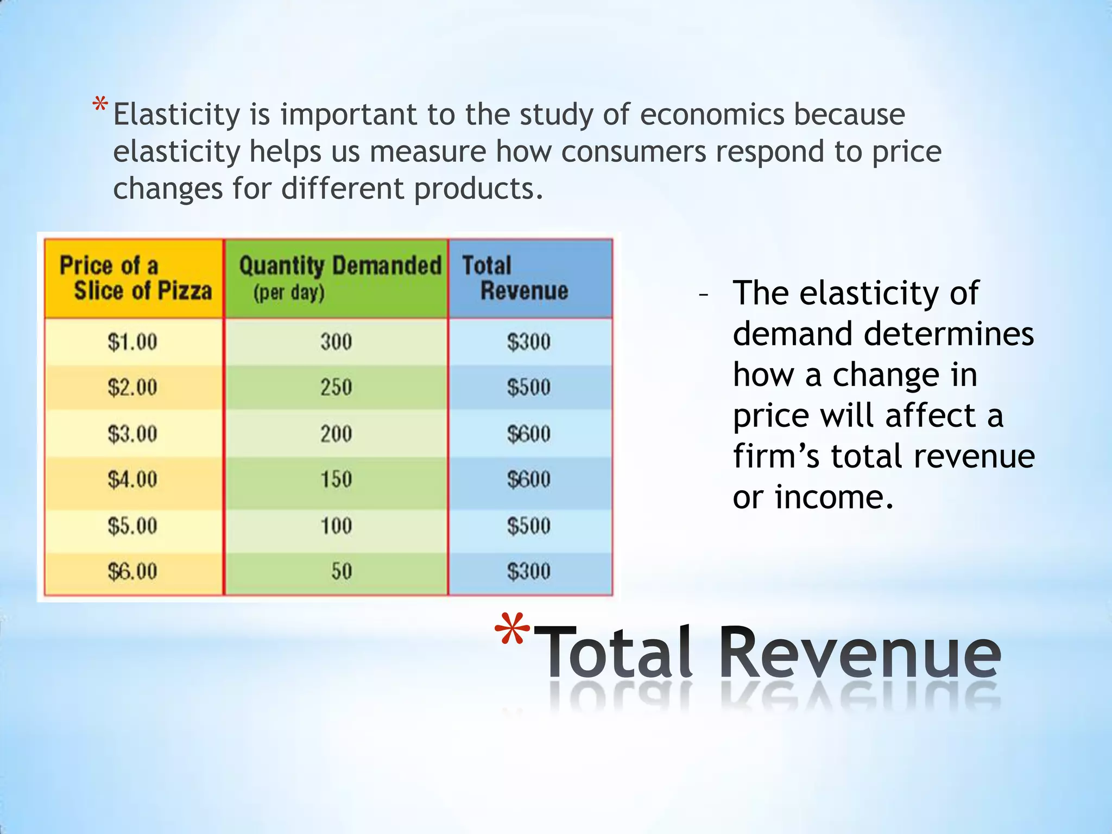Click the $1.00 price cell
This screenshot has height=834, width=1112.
132,342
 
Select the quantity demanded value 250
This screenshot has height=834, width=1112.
336,388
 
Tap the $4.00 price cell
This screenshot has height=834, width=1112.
132,479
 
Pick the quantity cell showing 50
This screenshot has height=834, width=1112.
342,571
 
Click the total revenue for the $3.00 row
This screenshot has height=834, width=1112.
529,434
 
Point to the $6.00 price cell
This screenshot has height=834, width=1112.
132,571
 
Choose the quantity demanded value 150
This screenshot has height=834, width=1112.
336,479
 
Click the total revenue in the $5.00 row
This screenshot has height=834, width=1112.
529,526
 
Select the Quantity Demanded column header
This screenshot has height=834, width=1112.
340,266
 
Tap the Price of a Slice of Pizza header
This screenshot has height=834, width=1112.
135,278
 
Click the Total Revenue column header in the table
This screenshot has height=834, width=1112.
516,278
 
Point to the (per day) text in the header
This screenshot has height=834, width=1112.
289,293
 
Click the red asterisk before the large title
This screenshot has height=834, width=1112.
512,630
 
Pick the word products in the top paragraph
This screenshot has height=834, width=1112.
478,188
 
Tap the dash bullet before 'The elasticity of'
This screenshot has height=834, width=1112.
704,295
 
